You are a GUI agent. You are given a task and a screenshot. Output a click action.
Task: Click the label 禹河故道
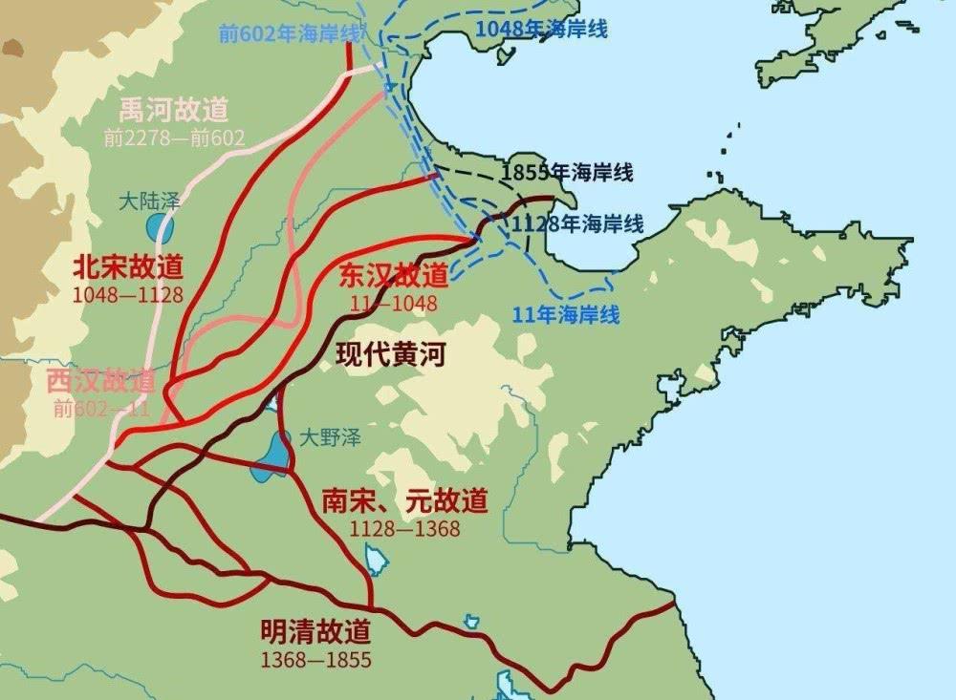point(175,110)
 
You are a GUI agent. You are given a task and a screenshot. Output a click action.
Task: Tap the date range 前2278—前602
point(175,138)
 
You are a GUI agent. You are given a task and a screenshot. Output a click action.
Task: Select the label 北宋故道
point(127,265)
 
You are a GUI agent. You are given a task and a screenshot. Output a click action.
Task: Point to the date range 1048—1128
point(127,293)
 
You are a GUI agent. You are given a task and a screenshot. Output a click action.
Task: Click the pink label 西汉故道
point(101,381)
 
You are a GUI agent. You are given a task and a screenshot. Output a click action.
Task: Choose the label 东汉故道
point(394,276)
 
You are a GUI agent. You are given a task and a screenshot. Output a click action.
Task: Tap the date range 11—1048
point(393,304)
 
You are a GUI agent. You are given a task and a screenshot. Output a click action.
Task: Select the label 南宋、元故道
point(405,500)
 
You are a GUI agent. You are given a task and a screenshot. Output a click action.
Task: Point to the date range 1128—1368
point(405,528)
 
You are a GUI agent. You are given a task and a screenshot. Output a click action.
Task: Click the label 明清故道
point(315,631)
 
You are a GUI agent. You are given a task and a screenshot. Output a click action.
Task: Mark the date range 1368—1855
point(315,659)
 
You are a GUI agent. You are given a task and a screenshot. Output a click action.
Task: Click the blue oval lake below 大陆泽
point(160,229)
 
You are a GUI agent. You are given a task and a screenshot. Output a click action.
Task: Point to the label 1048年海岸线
point(541,29)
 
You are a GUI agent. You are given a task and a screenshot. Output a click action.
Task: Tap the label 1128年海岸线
point(577,224)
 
